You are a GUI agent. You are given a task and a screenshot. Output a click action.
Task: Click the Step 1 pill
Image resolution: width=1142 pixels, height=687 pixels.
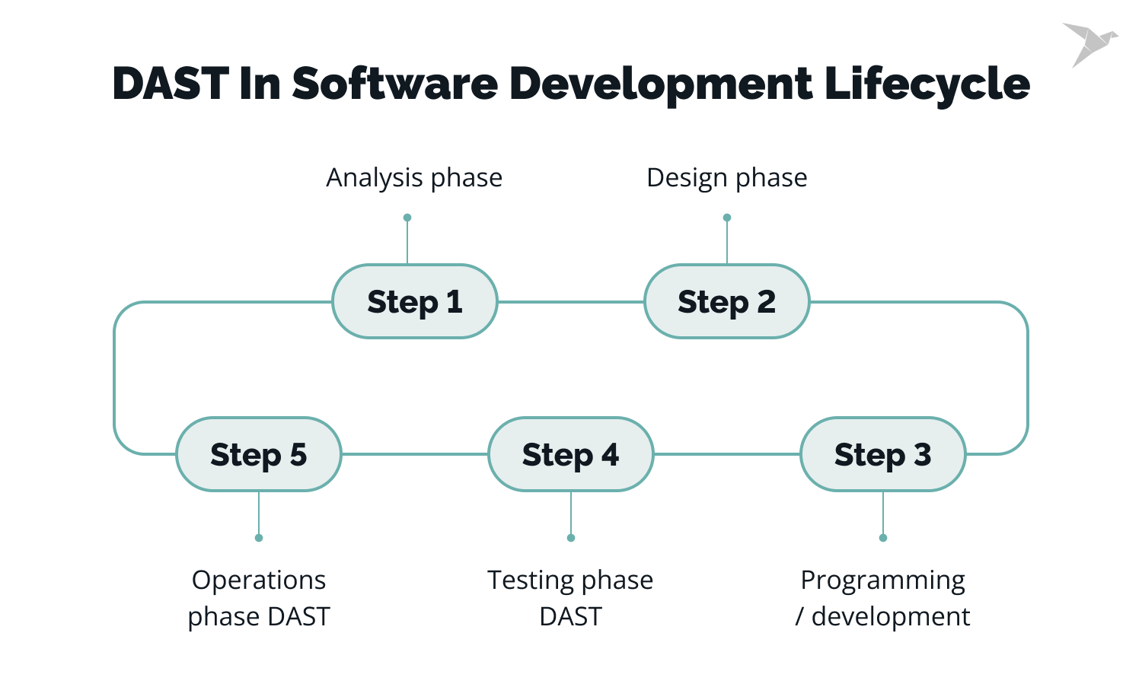(415, 302)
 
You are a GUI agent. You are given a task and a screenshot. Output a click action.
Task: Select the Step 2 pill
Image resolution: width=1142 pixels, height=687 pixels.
(727, 302)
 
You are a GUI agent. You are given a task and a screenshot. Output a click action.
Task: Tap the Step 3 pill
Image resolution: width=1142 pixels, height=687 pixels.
(883, 455)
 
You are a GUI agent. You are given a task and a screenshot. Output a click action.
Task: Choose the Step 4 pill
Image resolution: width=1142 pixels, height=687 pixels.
(571, 455)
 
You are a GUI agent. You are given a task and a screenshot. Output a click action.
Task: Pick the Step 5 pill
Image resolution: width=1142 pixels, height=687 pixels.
(259, 455)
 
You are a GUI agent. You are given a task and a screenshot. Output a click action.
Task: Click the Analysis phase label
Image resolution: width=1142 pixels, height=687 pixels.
(414, 178)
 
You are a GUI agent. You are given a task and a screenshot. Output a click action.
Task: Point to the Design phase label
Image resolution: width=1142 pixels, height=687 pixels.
(727, 178)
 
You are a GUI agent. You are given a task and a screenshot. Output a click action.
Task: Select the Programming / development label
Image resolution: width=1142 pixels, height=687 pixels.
(883, 598)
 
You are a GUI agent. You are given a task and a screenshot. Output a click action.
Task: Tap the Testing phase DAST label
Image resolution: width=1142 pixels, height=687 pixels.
(571, 598)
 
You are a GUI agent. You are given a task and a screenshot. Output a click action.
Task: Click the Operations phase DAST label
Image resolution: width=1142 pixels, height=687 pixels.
(259, 598)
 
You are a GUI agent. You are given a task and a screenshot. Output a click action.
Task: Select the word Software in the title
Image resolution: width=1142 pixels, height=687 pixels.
(395, 84)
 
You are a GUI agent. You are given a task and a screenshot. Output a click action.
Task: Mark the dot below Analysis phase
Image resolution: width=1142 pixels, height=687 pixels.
(407, 218)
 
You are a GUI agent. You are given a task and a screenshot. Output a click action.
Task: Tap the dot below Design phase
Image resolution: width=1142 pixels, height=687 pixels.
(727, 218)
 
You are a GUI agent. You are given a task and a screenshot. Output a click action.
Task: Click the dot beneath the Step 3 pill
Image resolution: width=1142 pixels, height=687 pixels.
(883, 538)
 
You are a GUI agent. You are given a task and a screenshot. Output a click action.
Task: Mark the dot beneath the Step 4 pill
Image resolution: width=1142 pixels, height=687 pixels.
(571, 538)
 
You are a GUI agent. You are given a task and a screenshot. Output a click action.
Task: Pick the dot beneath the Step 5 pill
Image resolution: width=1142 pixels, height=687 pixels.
(259, 538)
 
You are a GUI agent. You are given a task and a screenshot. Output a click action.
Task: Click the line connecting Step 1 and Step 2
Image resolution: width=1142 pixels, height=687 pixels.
(571, 302)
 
